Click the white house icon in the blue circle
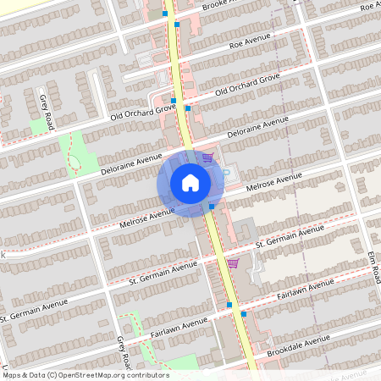(x=190, y=182)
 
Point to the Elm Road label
(x=373, y=266)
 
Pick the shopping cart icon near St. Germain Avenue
(x=233, y=263)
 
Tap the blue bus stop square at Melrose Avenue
(x=212, y=206)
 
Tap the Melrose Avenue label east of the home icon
(x=273, y=182)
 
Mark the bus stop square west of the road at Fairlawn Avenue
(x=229, y=304)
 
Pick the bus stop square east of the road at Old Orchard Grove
(x=188, y=108)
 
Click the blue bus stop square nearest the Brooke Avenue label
(x=176, y=25)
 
